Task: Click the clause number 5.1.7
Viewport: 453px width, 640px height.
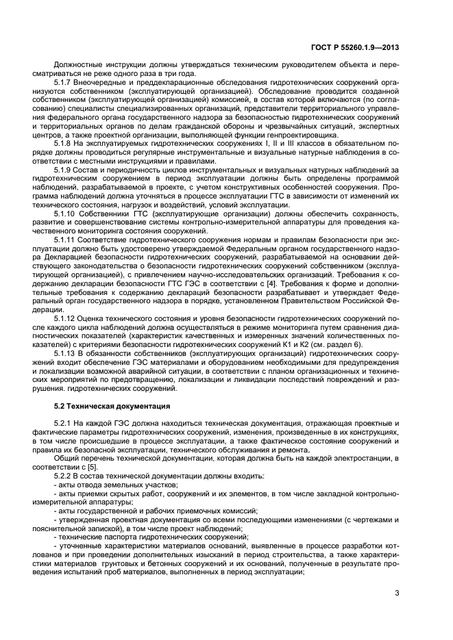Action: [64, 82]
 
